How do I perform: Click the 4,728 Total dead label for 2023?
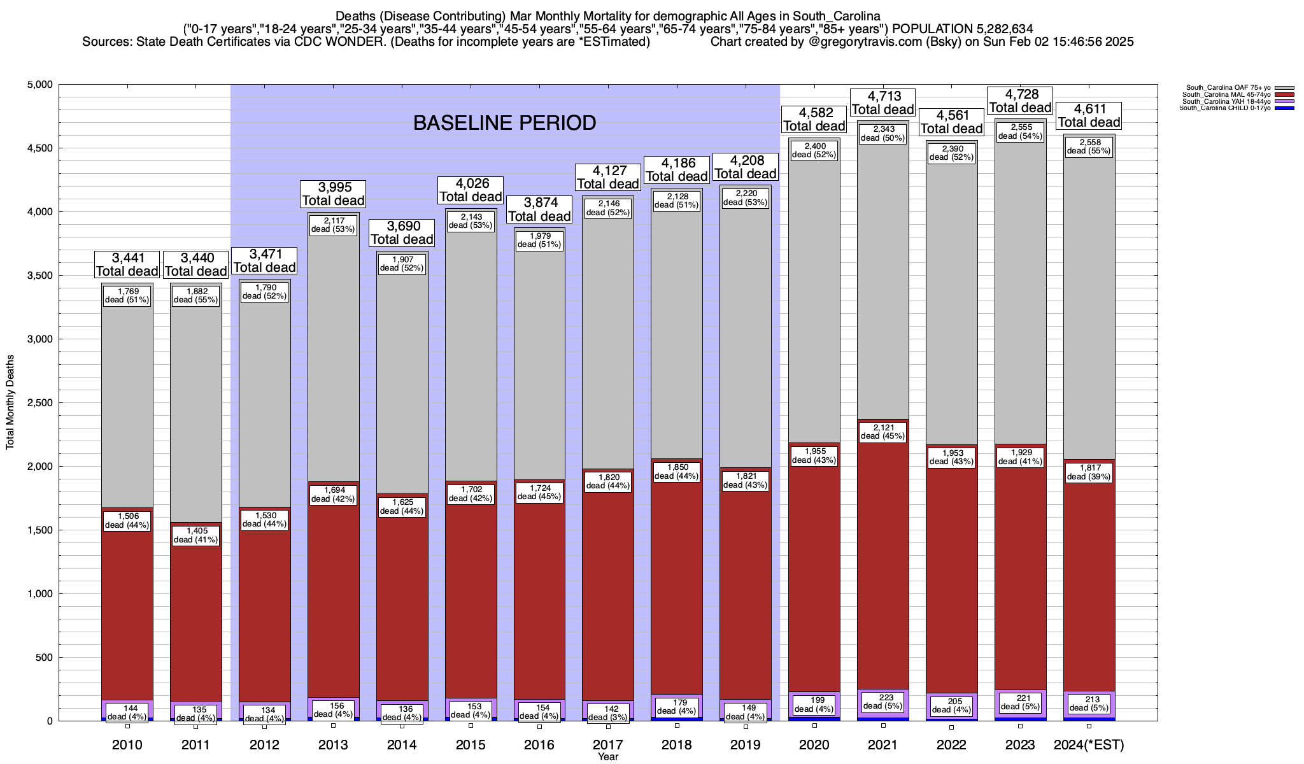[1020, 101]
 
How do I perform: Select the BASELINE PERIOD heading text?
[504, 123]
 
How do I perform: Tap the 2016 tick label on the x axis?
[539, 745]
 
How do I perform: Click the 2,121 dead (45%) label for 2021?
[882, 432]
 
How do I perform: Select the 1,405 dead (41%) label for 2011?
[195, 535]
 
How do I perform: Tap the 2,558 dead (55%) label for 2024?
[1089, 146]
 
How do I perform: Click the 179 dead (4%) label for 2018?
[677, 707]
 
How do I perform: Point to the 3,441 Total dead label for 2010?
[127, 264]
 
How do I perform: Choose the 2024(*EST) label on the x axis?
[1089, 745]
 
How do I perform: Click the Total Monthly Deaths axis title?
[10, 402]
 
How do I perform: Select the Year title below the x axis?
[608, 757]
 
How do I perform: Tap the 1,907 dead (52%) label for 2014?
[402, 264]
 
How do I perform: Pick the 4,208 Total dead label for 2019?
[746, 167]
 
